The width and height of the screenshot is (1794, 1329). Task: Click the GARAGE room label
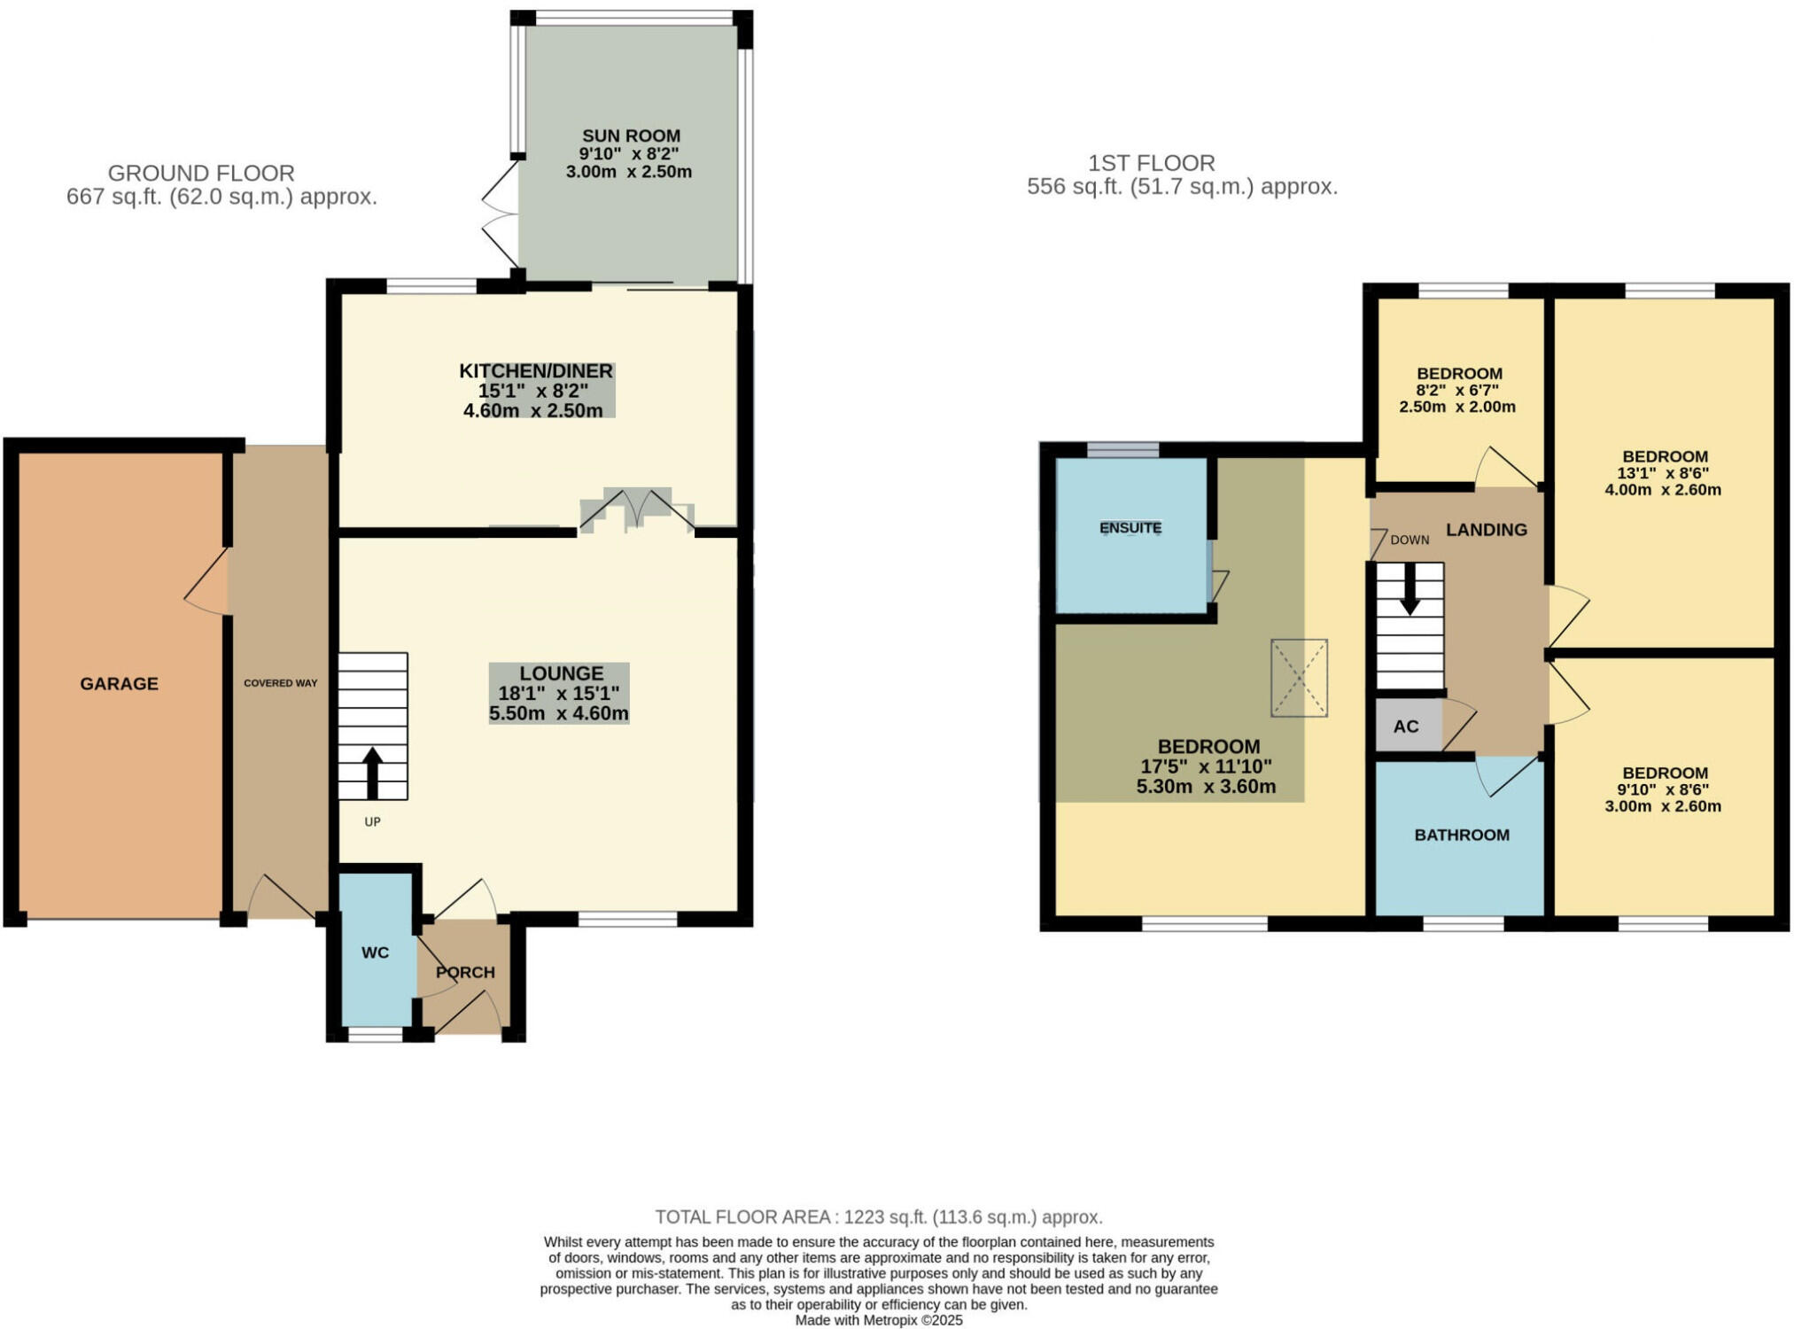pos(119,684)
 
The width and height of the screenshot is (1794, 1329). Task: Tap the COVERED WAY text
pos(280,683)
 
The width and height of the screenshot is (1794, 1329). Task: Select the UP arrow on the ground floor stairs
pos(372,773)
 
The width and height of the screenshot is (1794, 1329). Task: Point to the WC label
pos(375,952)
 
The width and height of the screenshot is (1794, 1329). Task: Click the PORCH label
pos(465,972)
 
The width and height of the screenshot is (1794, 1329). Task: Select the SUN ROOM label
pos(631,136)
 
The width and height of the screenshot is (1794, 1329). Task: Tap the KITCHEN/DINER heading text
pos(535,370)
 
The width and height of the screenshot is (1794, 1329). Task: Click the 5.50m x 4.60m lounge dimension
pos(558,713)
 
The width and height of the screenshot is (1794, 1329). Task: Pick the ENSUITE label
pos(1130,528)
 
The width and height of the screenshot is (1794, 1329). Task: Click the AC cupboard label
pos(1405,727)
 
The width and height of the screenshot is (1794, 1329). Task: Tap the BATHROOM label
pos(1461,835)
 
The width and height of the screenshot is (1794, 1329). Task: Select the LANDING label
pos(1486,530)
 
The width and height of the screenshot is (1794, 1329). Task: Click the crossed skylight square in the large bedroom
pos(1299,678)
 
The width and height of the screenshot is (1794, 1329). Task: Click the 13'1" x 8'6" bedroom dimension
pos(1662,473)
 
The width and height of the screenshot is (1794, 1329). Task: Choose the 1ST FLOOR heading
pos(1151,163)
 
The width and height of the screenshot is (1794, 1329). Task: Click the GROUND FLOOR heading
pos(201,173)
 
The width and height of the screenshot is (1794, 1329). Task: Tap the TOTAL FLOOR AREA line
pos(878,1216)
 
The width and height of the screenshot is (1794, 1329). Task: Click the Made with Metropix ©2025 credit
pos(878,1320)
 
